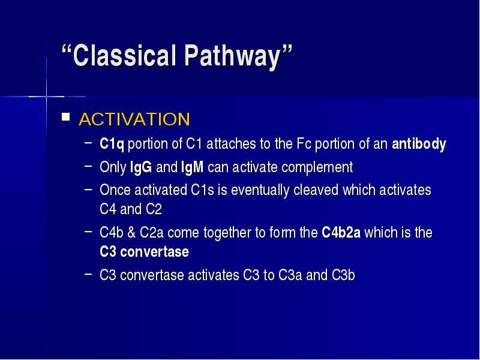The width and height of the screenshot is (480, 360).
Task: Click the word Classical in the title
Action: [x=124, y=56]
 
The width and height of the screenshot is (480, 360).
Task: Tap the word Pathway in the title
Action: [x=233, y=57]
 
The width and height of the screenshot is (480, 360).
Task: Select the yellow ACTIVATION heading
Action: [x=134, y=119]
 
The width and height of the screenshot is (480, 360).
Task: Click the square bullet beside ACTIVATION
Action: [x=65, y=117]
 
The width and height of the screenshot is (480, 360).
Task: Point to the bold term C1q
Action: [x=112, y=144]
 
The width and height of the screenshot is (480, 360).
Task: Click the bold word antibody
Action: [x=419, y=144]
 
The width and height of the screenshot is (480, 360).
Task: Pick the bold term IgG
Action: [x=141, y=167]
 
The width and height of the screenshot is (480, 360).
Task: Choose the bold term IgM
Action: [x=192, y=167]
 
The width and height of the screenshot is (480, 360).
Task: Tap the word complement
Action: [x=317, y=167]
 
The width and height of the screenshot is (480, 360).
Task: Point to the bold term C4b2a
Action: [x=341, y=233]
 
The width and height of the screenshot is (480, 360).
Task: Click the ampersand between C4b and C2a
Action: [x=131, y=233]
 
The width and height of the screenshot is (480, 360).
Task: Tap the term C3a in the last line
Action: [x=290, y=275]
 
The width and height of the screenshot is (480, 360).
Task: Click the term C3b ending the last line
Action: [x=343, y=275]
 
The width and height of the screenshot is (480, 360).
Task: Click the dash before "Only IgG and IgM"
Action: [x=88, y=166]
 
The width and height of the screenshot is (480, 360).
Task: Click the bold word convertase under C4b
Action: [x=155, y=252]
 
